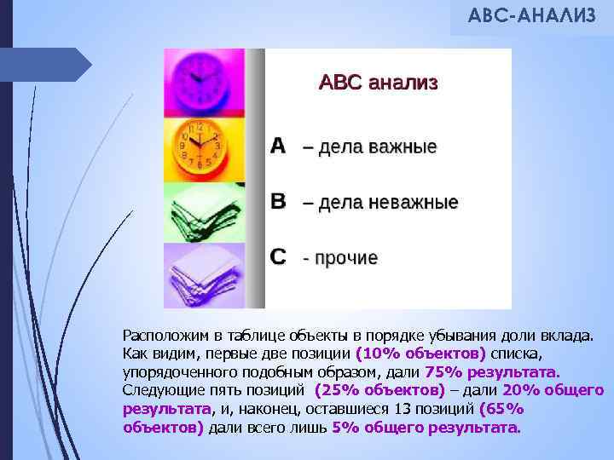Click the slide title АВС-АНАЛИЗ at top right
point(531,17)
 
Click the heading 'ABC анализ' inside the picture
point(378,83)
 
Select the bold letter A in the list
point(278,146)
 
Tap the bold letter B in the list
point(279,201)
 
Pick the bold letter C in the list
point(279,256)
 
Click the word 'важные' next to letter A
point(401,147)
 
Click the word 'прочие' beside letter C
point(347,257)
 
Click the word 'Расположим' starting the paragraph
point(161,336)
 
